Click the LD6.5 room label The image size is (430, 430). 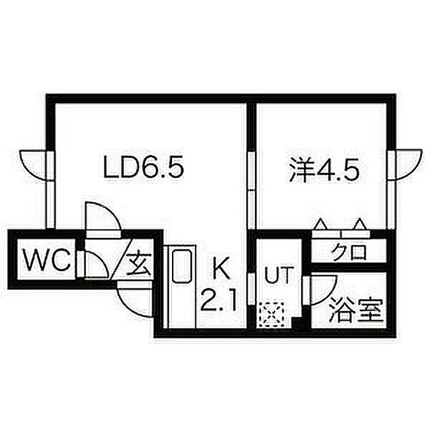tap(144, 167)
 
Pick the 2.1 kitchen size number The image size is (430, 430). tap(217, 301)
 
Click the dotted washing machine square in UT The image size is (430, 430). tap(271, 316)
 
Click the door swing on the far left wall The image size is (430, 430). tap(34, 165)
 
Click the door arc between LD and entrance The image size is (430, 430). tap(102, 216)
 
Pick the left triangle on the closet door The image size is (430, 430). tap(321, 225)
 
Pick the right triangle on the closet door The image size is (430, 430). tap(360, 225)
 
